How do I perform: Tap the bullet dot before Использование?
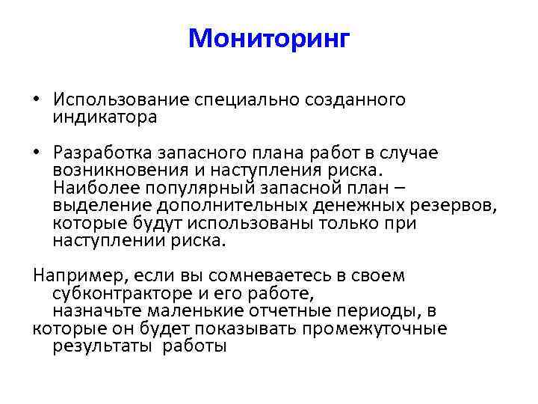coord(37,100)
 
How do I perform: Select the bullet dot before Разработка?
coord(37,153)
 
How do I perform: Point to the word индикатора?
coord(105,117)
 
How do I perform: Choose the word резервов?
coord(457,206)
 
